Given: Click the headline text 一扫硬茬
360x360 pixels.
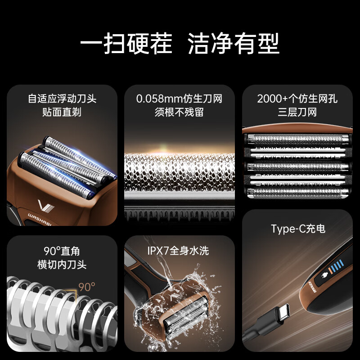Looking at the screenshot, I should (126, 44).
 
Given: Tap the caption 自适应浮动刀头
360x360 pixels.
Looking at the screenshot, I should (62, 99).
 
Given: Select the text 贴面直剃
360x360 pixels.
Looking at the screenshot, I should (62, 112).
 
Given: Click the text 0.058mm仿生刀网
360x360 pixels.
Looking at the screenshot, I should (179, 99).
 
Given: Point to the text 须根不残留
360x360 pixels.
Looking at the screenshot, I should (179, 112).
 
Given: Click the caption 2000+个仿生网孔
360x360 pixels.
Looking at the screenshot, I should (297, 99).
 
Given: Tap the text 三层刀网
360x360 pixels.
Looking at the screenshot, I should (297, 112).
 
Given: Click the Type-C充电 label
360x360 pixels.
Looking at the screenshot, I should (298, 229).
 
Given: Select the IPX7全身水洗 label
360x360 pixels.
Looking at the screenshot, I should (178, 251).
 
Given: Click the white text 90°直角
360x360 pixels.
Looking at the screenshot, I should (62, 251).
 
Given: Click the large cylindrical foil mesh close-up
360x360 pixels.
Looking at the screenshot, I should (179, 173).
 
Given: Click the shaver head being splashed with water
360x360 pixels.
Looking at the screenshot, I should (184, 315).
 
